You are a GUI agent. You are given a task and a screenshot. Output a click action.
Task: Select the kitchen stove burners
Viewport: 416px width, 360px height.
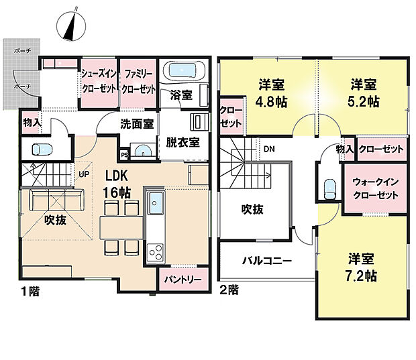point(154,253)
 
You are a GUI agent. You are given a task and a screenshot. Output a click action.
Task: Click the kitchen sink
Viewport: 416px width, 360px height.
point(156,201)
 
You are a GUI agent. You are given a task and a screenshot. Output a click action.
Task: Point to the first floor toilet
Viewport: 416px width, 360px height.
point(41,149)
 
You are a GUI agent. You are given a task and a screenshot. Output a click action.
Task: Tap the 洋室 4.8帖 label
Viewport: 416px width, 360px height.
point(272,93)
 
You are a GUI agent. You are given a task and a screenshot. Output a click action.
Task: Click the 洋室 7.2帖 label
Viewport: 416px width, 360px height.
point(362,266)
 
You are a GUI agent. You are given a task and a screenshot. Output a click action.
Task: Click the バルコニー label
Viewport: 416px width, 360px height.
point(266,260)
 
